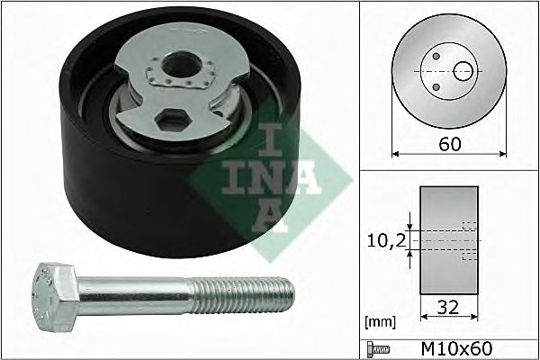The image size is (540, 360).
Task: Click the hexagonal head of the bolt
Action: (56, 296)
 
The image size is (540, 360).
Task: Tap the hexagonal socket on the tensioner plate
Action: (173, 121)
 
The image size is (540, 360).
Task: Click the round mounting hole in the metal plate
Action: (182, 65)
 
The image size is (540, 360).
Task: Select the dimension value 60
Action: (450, 144)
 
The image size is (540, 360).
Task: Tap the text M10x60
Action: (457, 348)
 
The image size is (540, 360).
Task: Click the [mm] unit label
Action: (380, 322)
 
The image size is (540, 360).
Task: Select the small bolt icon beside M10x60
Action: (378, 349)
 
